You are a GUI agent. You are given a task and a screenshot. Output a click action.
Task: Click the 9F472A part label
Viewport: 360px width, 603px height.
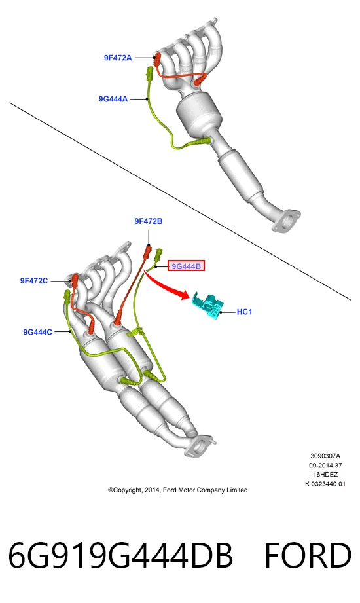pyautogui.click(x=118, y=58)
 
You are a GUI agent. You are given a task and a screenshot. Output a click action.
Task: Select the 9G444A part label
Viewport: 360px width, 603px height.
pyautogui.click(x=113, y=99)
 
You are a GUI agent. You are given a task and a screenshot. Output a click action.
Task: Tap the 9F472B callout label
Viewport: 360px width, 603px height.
pyautogui.click(x=149, y=221)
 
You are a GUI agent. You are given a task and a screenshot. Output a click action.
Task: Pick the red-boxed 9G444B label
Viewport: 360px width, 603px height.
pyautogui.click(x=186, y=266)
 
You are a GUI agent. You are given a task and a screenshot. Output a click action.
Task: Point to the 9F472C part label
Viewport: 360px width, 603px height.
pyautogui.click(x=34, y=281)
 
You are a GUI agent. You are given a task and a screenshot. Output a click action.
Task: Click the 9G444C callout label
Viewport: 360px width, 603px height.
pyautogui.click(x=37, y=332)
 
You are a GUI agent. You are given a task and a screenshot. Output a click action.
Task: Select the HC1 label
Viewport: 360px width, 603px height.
pyautogui.click(x=244, y=312)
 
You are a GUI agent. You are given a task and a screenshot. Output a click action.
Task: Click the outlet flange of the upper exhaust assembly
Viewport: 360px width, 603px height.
pyautogui.click(x=285, y=221)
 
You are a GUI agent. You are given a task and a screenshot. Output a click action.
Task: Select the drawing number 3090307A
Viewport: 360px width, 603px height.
pyautogui.click(x=325, y=456)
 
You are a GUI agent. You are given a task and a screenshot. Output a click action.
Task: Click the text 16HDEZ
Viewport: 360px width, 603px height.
pyautogui.click(x=325, y=475)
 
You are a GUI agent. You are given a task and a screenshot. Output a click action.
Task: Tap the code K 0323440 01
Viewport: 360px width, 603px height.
pyautogui.click(x=325, y=484)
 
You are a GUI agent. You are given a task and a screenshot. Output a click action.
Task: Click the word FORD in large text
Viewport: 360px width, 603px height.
pyautogui.click(x=308, y=555)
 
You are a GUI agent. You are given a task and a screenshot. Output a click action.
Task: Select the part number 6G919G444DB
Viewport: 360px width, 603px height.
pyautogui.click(x=120, y=555)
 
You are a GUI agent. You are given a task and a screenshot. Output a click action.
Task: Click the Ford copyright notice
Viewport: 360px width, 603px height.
pyautogui.click(x=177, y=490)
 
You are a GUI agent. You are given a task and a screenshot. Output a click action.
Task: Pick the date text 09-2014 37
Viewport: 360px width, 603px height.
pyautogui.click(x=325, y=466)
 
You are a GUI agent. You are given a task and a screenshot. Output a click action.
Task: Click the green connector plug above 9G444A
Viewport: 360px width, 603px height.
pyautogui.click(x=149, y=73)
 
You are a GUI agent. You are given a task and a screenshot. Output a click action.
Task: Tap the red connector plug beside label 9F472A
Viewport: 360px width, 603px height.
pyautogui.click(x=157, y=59)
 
